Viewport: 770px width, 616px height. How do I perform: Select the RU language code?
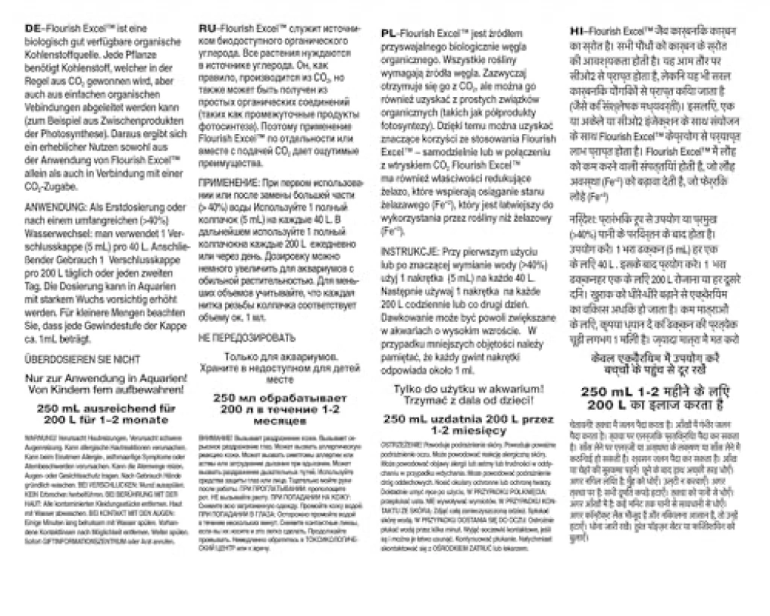tap(207, 28)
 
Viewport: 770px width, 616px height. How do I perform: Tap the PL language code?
tap(390, 34)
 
